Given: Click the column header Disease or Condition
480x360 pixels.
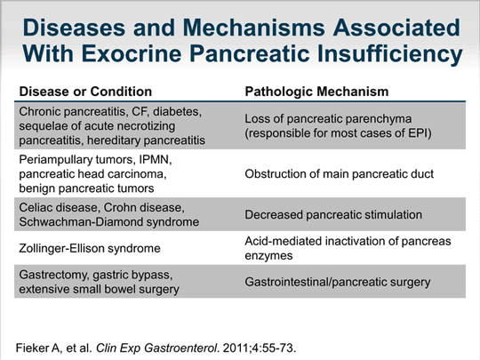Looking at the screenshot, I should click(85, 92).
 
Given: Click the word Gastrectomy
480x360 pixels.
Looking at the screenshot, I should click(57, 275).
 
